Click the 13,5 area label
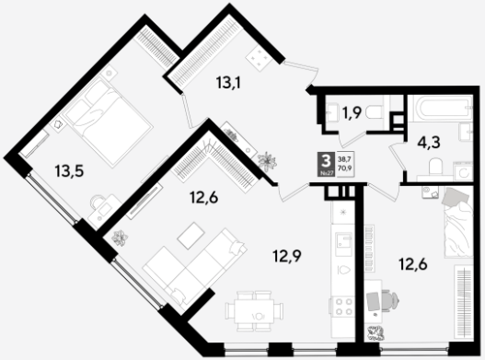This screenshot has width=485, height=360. coord(69,171)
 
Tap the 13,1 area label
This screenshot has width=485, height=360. coord(228,83)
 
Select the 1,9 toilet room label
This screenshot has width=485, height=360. coord(352,113)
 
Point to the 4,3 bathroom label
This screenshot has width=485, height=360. coord(429,143)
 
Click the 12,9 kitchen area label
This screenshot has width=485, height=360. coord(287,256)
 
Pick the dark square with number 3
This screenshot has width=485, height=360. coord(326,165)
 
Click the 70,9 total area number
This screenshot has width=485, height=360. coord(346,168)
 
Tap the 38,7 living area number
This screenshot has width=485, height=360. coord(346,159)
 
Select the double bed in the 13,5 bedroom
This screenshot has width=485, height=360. coord(109,122)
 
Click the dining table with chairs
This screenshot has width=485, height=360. coord(254,311)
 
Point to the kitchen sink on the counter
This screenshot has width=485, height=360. coord(344,244)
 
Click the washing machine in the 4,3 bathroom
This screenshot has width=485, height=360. coord(463,172)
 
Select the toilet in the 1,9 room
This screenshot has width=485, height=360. coord(375,112)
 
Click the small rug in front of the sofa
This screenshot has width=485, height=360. coord(191,236)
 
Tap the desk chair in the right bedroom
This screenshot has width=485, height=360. coord(390,299)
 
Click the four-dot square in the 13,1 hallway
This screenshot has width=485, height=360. coord(259,59)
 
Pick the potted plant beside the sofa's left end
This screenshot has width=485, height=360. coord(120,238)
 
